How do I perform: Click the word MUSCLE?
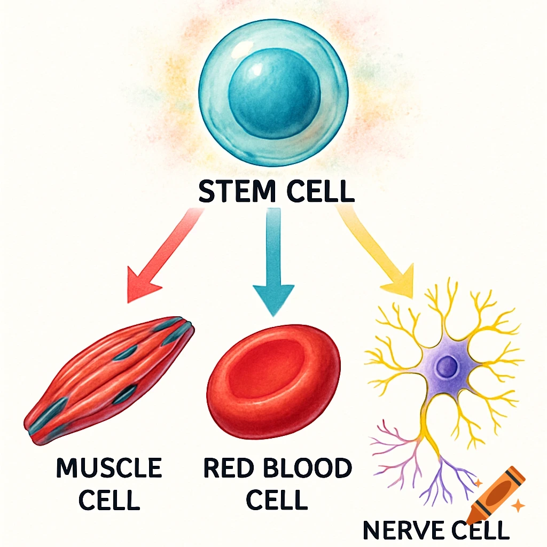tap(109, 468)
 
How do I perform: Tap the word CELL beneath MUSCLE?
tap(109, 501)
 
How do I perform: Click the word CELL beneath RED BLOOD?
tap(278, 501)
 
